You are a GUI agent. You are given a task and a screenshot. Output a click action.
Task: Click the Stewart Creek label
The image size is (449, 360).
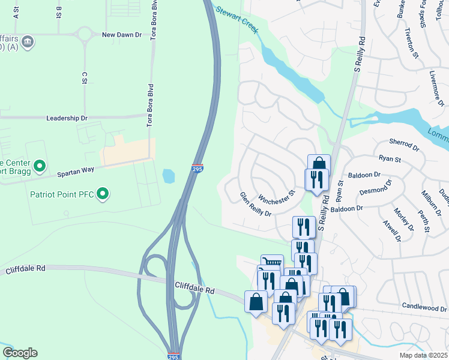tap(237, 19)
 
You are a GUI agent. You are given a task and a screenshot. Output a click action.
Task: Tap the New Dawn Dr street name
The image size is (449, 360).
tap(122, 35)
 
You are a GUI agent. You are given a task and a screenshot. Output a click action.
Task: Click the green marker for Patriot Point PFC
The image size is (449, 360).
tap(103, 194)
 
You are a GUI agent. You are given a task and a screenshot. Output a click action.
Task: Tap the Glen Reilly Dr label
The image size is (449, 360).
tap(256, 204)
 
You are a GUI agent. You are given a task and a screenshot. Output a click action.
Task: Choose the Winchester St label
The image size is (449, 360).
tap(278, 196)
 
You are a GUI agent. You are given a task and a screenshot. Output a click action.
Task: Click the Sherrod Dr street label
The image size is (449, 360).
tap(403, 145)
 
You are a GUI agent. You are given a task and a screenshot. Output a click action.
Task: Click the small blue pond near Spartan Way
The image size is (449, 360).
tap(169, 176)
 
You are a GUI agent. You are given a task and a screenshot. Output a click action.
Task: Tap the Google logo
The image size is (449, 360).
tap(20, 353)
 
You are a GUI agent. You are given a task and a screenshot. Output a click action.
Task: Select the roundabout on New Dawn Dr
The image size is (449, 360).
tap(83, 34)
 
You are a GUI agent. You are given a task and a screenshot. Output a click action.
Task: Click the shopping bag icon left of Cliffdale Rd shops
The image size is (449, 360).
tap(256, 302)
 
